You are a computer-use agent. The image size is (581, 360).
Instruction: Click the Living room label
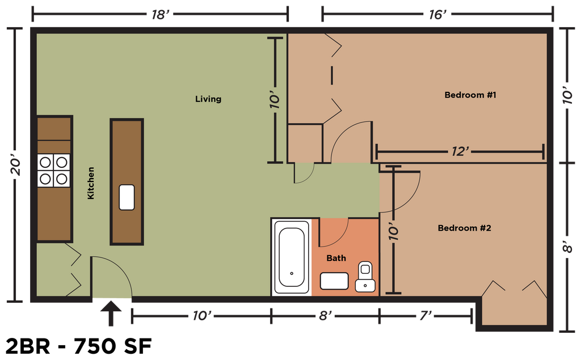pyautogui.click(x=208, y=99)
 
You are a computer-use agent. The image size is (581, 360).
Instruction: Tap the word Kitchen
pyautogui.click(x=91, y=183)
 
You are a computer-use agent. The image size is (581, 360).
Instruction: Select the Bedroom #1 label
pyautogui.click(x=470, y=95)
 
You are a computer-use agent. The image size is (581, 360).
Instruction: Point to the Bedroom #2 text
pyautogui.click(x=464, y=228)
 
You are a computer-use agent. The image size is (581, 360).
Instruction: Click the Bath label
pyautogui.click(x=336, y=258)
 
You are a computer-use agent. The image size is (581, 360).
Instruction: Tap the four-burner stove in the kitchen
pyautogui.click(x=54, y=171)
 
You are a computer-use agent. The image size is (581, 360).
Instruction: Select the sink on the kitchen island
pyautogui.click(x=127, y=197)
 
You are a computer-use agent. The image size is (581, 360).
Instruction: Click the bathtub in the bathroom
pyautogui.click(x=292, y=257)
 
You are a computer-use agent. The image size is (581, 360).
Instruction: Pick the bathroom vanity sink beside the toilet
pyautogui.click(x=334, y=281)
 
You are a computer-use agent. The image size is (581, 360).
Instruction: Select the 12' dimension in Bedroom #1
pyautogui.click(x=460, y=151)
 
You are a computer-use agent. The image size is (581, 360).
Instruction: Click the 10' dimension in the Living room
pyautogui.click(x=275, y=100)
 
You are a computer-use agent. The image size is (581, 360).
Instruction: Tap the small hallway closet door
pyautogui.click(x=304, y=173)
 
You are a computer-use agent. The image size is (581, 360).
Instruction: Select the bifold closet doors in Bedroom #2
pyautogui.click(x=514, y=288)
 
